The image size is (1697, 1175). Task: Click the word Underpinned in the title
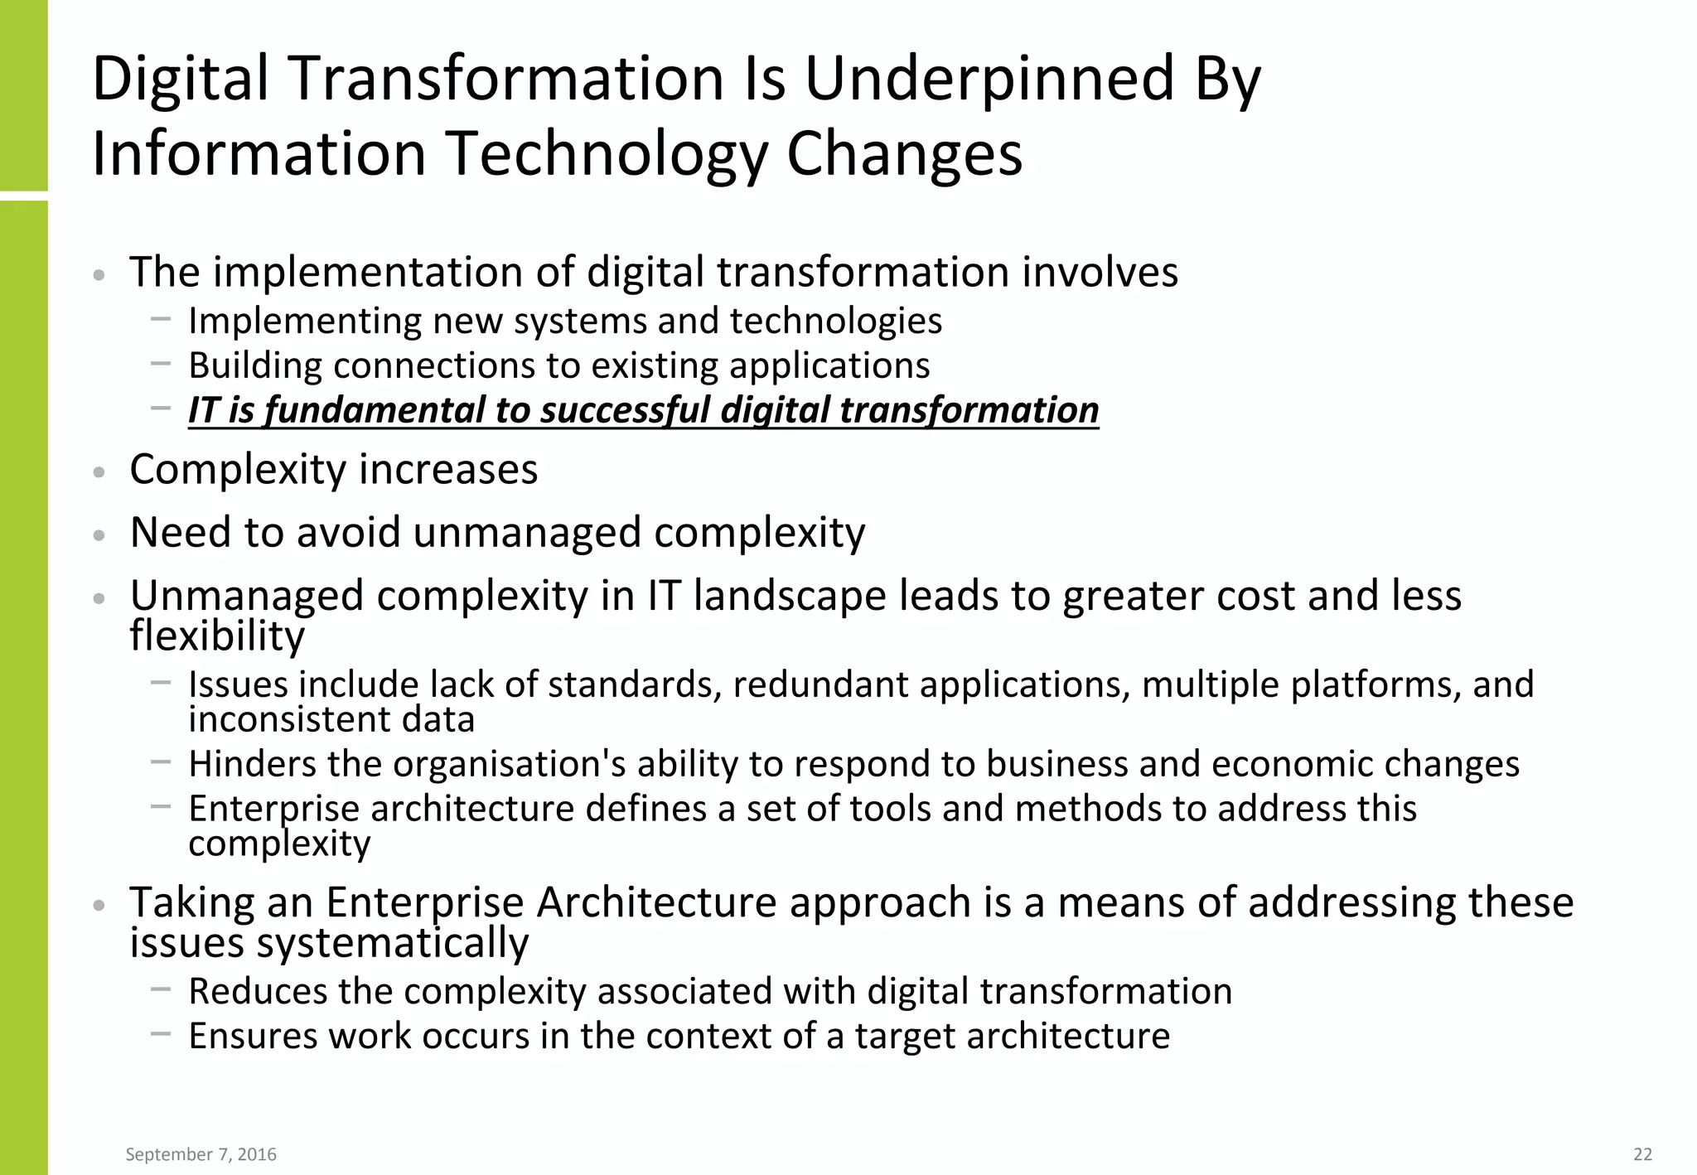coord(989,80)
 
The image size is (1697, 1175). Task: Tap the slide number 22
coord(1642,1154)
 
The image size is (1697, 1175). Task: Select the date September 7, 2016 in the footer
coord(201,1154)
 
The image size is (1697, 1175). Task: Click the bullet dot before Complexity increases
coord(99,472)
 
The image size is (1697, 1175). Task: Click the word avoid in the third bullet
coord(349,532)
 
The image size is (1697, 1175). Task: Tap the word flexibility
coord(217,636)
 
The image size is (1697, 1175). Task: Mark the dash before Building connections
coord(161,363)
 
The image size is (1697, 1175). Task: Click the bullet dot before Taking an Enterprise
coord(99,905)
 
